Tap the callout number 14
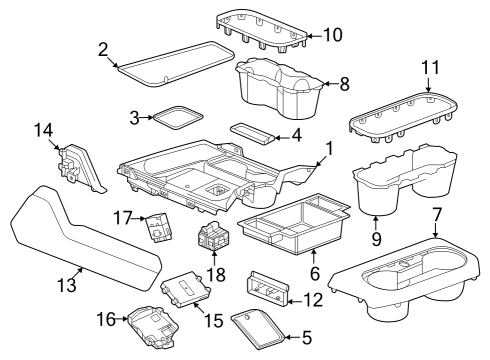tap(43, 130)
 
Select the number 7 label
tap(436, 216)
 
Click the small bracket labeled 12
tap(267, 287)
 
